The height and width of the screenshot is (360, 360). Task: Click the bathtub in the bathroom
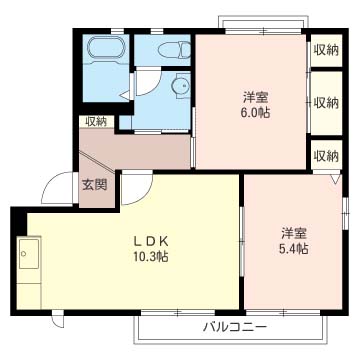tap(107, 49)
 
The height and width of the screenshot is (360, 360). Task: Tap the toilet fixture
tap(174, 49)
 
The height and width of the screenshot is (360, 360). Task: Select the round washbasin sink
tap(181, 87)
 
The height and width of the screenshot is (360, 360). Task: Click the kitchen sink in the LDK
tap(29, 253)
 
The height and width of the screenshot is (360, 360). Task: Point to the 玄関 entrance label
tap(95, 185)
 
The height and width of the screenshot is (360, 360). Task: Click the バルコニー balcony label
tap(236, 328)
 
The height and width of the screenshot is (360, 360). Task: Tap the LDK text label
tap(152, 240)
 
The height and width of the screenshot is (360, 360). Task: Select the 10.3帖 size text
tap(151, 256)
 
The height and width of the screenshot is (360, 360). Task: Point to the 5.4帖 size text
tap(294, 248)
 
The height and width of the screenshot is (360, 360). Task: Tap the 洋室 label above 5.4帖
tap(294, 233)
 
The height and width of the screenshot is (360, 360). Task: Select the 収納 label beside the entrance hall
tap(96, 122)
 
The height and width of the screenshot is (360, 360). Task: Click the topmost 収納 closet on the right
tap(326, 50)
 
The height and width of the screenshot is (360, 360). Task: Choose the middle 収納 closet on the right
tap(326, 103)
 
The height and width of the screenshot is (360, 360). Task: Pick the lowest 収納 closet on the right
tap(326, 155)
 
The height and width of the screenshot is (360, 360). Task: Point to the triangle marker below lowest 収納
tap(336, 179)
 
